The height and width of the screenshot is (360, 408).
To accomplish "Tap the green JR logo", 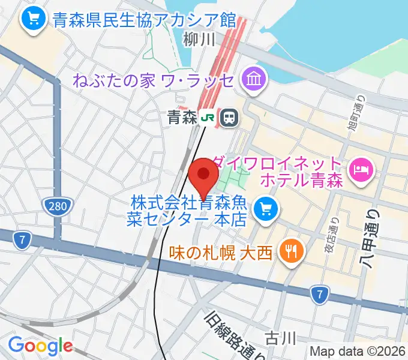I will [208, 118].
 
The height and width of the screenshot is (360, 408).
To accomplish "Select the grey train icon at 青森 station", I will [229, 118].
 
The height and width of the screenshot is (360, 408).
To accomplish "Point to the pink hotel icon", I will [361, 170].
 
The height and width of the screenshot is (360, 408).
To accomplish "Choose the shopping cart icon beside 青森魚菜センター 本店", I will [264, 209].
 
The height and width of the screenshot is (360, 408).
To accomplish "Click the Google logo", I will [40, 346].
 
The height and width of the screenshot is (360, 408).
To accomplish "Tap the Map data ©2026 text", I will [358, 352].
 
